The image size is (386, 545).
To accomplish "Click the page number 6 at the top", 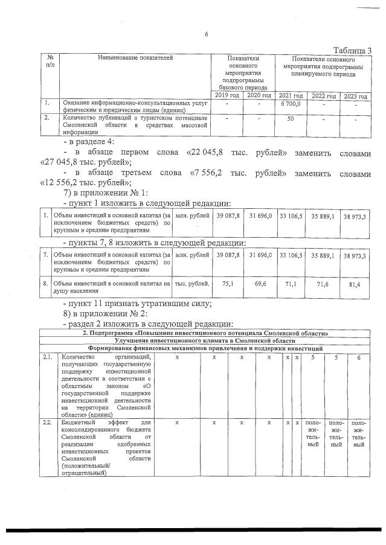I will pos(207,34).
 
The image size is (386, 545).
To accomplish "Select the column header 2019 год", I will pos(227,96).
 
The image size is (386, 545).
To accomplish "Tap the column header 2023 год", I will pos(356,97).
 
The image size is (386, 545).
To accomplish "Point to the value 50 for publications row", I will pos(291,119).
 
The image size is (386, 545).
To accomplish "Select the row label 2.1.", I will pos(48,357).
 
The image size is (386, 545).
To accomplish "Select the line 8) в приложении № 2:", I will pos(106,314).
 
